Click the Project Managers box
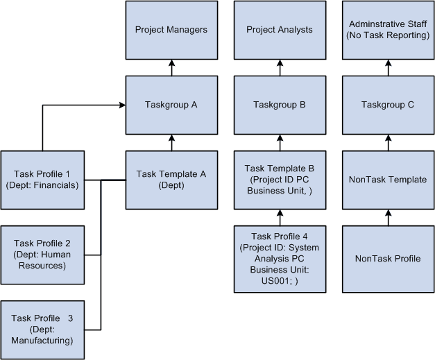pyautogui.click(x=171, y=30)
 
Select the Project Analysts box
pyautogui.click(x=280, y=30)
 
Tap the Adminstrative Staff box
pyautogui.click(x=389, y=30)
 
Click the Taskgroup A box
pyautogui.click(x=171, y=105)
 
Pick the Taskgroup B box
pyautogui.click(x=280, y=105)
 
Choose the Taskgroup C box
pyautogui.click(x=389, y=105)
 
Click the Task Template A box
pyautogui.click(x=171, y=180)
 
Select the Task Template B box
pyautogui.click(x=280, y=180)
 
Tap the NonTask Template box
pyautogui.click(x=389, y=180)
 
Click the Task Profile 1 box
pyautogui.click(x=42, y=180)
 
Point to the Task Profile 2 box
pyautogui.click(x=42, y=255)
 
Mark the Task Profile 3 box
pyautogui.click(x=42, y=329)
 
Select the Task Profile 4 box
pyautogui.click(x=280, y=258)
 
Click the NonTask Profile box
pyautogui.click(x=389, y=259)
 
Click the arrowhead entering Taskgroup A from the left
pyautogui.click(x=121, y=105)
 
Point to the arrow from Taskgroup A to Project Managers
pyautogui.click(x=171, y=67)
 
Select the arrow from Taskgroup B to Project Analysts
pyautogui.click(x=280, y=67)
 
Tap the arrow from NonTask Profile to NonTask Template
pyautogui.click(x=389, y=217)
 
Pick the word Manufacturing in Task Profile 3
pyautogui.click(x=42, y=341)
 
